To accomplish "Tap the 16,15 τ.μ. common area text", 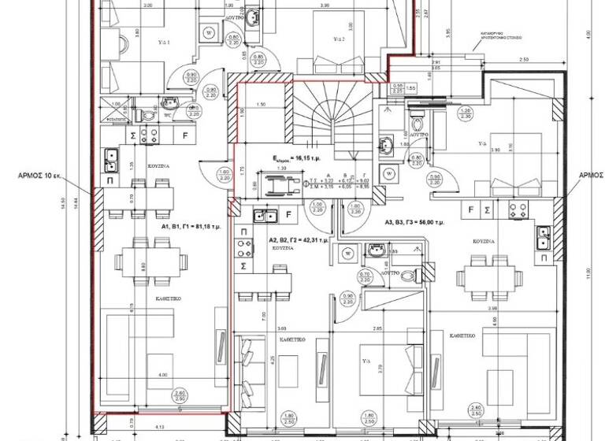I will [293, 158].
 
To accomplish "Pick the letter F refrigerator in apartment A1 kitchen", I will [185, 135].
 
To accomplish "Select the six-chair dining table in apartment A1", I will [150, 260].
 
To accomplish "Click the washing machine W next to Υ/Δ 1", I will [209, 33].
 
